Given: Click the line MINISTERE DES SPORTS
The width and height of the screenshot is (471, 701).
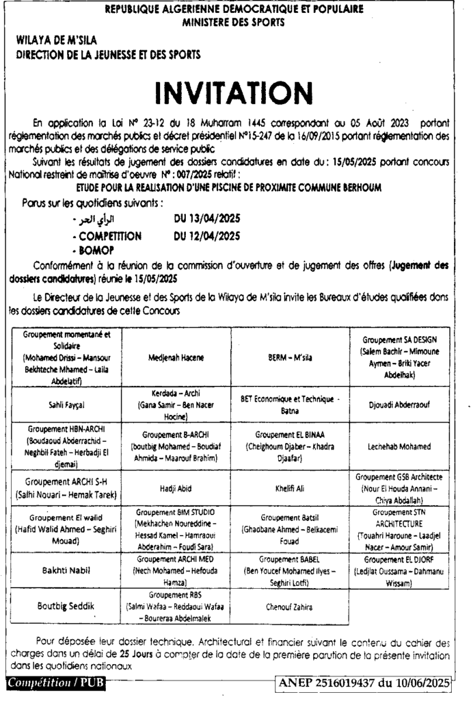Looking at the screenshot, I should click(234, 22).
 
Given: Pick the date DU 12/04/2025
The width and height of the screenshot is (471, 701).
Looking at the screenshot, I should click(208, 237).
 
